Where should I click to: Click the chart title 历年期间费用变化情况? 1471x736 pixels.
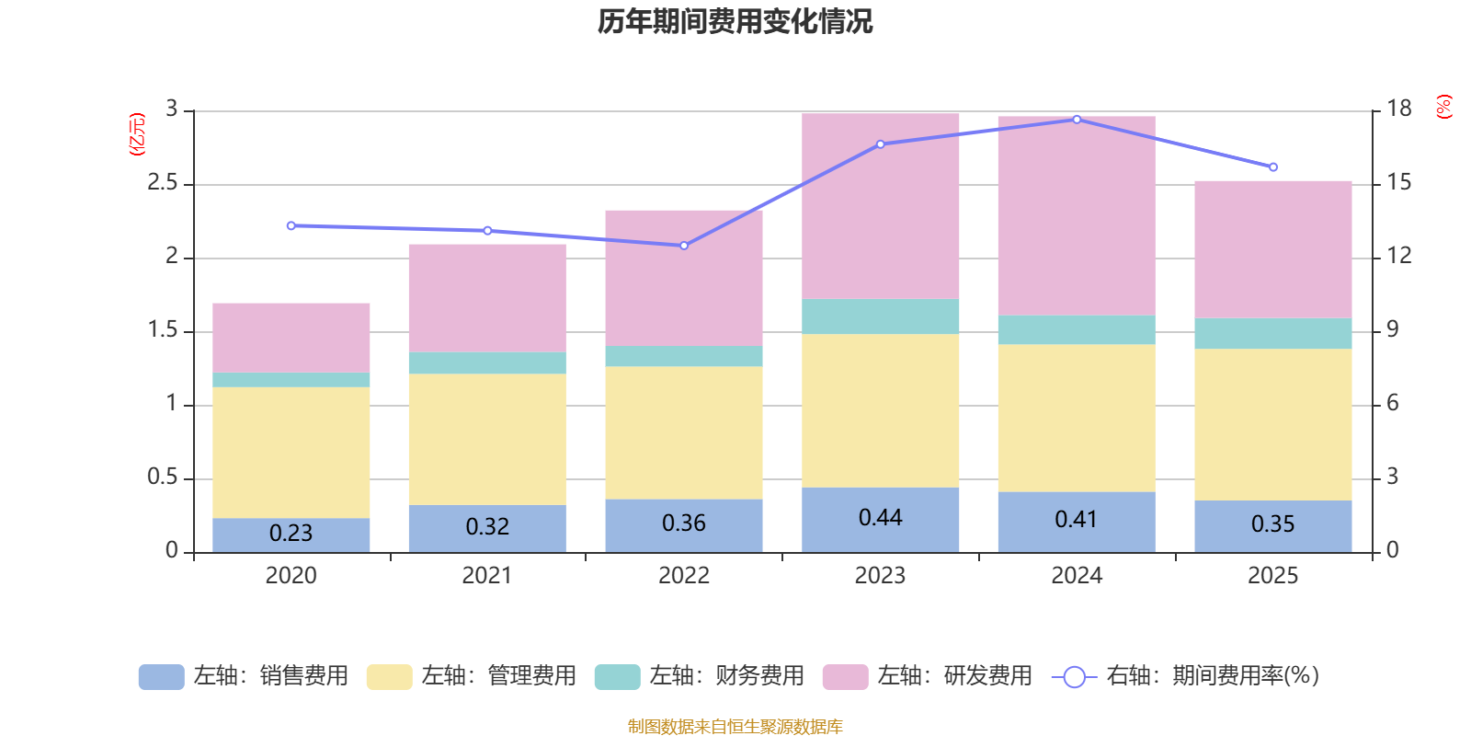(x=735, y=21)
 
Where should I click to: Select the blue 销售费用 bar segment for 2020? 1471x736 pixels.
(x=291, y=535)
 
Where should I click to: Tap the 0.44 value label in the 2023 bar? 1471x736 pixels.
(x=880, y=518)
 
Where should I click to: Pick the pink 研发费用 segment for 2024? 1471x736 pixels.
(x=1076, y=216)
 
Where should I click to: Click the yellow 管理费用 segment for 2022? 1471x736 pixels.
(x=683, y=432)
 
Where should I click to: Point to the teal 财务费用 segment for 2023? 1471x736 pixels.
(x=880, y=316)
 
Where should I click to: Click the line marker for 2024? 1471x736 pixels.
(x=1077, y=120)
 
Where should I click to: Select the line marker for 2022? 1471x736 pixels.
(x=684, y=246)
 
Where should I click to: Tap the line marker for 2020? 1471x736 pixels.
(x=291, y=225)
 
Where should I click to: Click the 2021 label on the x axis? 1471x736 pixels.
(x=486, y=576)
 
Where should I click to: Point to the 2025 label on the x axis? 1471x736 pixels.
(x=1272, y=576)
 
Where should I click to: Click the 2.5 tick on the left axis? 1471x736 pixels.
(x=163, y=183)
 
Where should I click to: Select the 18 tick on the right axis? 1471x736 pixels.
(x=1398, y=109)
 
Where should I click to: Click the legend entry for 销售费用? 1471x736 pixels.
(x=244, y=676)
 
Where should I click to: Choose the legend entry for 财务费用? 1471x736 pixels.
(x=700, y=676)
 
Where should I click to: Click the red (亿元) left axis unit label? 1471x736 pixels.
(x=137, y=134)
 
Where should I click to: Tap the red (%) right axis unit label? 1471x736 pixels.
(x=1443, y=107)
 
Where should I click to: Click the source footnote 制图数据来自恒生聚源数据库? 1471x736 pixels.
(x=735, y=727)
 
